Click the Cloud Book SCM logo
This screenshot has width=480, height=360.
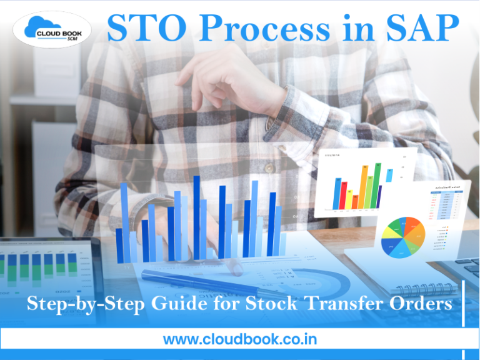pyautogui.click(x=52, y=29)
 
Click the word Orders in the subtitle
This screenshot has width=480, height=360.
pyautogui.click(x=421, y=306)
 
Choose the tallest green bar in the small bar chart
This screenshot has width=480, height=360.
pyautogui.click(x=376, y=186)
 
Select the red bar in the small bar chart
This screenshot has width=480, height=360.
pyautogui.click(x=355, y=201)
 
